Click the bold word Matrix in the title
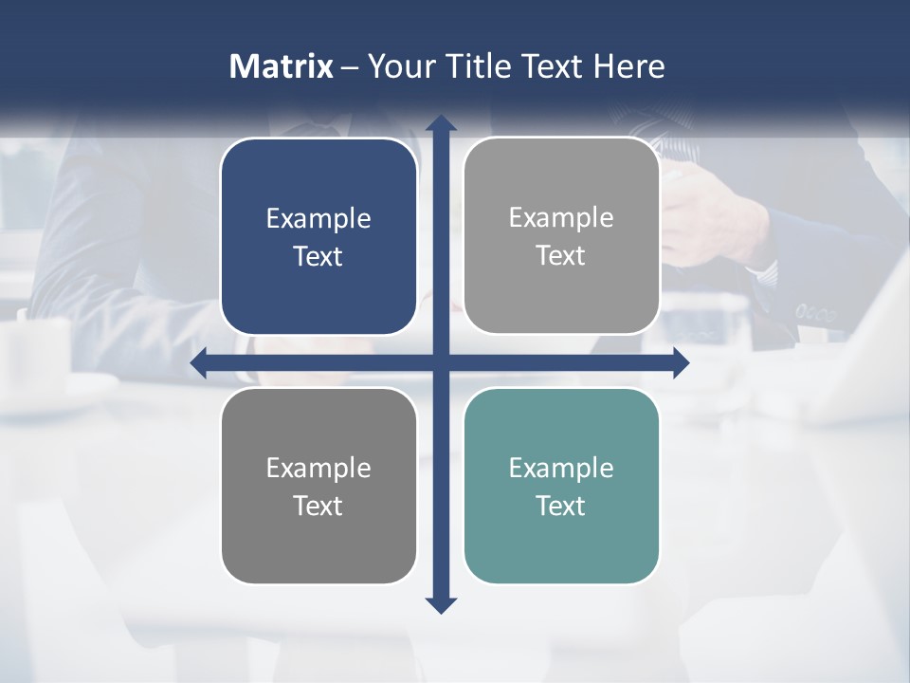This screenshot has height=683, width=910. (281, 66)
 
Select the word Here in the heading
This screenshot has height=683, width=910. (629, 66)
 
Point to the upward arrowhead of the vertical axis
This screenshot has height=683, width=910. (441, 123)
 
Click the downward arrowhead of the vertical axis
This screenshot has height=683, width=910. (441, 604)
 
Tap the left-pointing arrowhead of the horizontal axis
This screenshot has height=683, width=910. (199, 362)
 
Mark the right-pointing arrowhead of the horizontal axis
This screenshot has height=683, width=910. (681, 362)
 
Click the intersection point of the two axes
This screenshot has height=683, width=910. (441, 362)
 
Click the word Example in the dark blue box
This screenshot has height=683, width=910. (318, 219)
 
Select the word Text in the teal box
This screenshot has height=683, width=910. (561, 506)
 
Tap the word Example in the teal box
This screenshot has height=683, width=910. (561, 468)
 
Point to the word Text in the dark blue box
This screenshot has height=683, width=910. (318, 257)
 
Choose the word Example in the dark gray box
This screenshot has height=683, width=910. (318, 468)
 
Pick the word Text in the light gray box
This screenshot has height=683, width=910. (561, 256)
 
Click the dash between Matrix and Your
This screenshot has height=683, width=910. (350, 66)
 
